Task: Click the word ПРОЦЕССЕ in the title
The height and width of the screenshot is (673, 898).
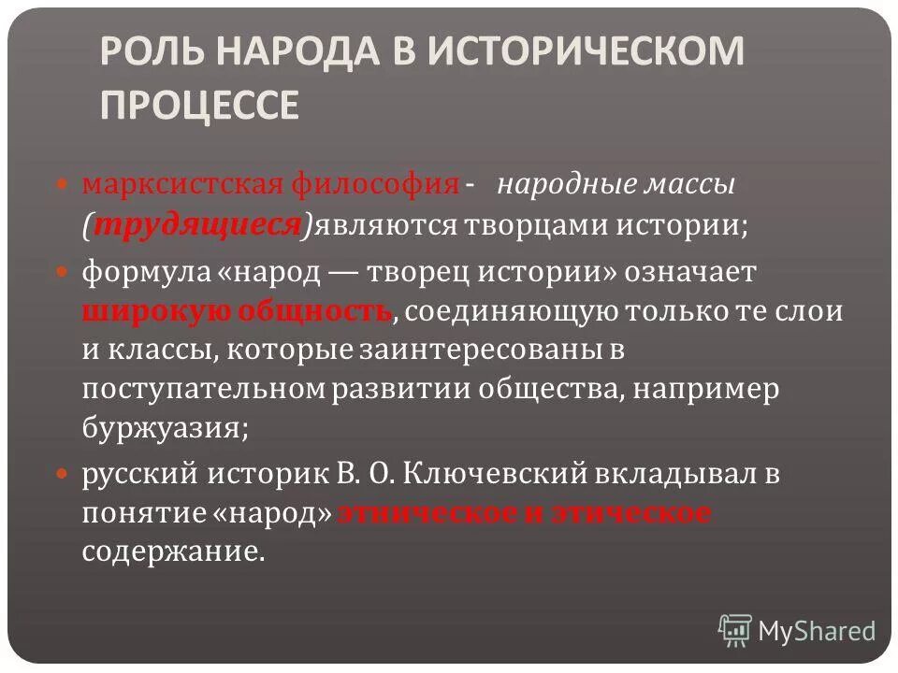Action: pyautogui.click(x=199, y=106)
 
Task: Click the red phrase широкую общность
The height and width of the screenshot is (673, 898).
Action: pyautogui.click(x=237, y=311)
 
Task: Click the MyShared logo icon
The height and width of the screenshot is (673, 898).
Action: pyautogui.click(x=735, y=631)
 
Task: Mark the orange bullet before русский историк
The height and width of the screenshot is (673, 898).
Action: pyautogui.click(x=64, y=475)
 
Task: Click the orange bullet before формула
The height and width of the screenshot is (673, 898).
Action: pyautogui.click(x=64, y=273)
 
